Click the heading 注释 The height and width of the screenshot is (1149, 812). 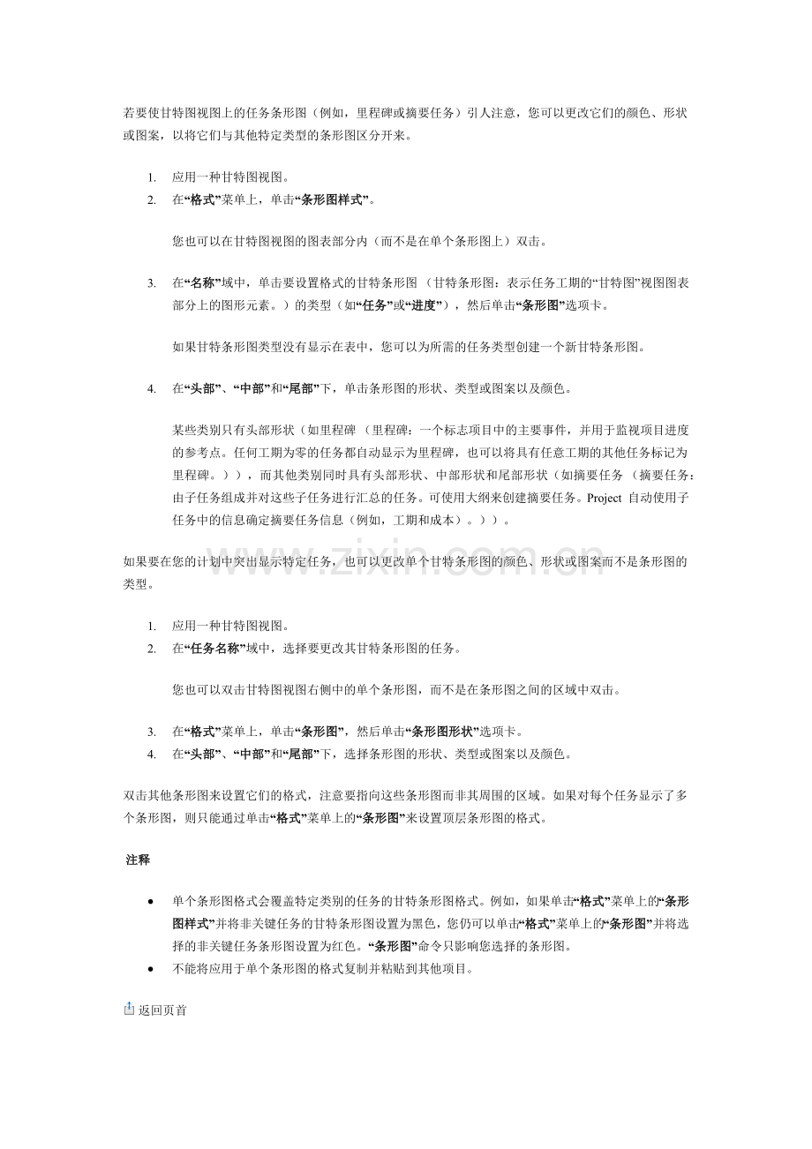pos(138,860)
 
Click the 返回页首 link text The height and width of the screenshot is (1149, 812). pos(162,1010)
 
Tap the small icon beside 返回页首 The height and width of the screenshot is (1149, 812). pos(129,1009)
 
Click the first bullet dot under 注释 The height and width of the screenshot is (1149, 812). pos(153,902)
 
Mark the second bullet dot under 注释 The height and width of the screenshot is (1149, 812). pos(153,969)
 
